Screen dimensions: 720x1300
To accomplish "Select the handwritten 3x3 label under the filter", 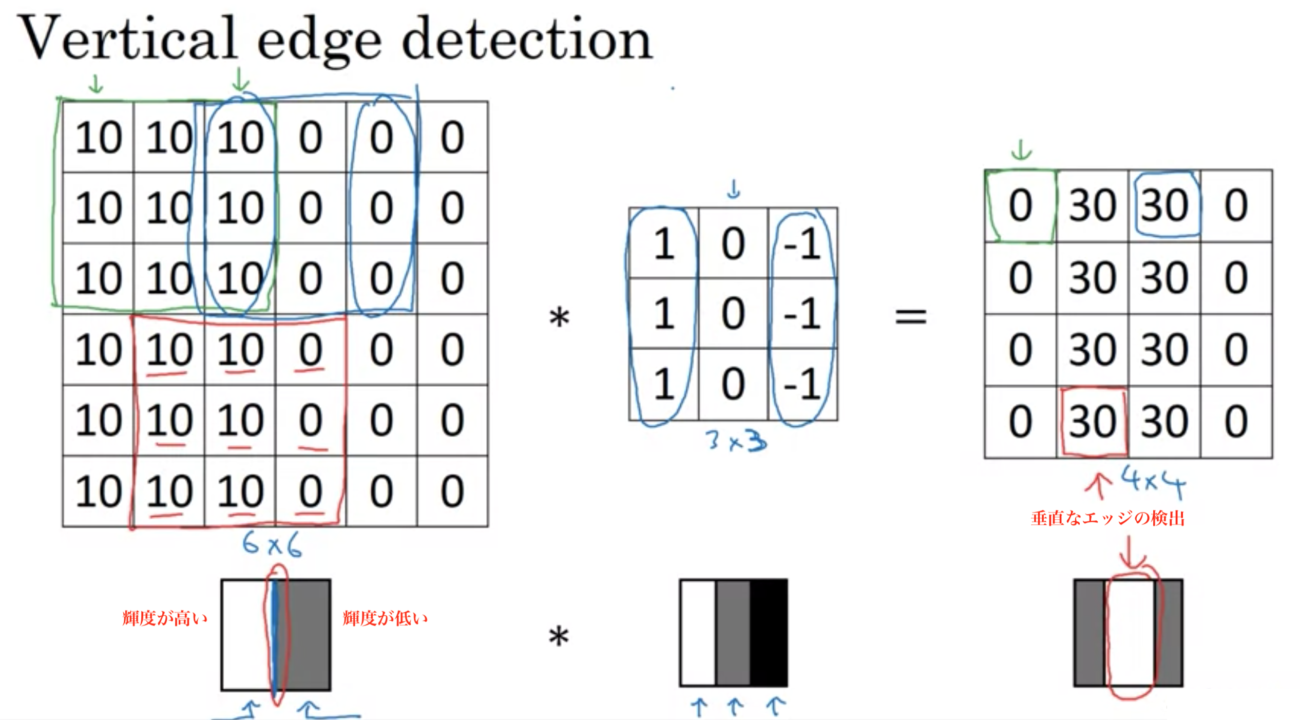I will point(736,441).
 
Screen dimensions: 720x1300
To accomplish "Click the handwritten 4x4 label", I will point(1153,481).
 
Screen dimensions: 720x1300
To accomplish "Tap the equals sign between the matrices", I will point(911,316).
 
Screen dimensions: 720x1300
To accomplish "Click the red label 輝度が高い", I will point(165,618).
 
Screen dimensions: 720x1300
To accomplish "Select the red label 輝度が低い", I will point(385,618).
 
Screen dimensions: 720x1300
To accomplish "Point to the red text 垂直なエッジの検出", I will point(1107,518).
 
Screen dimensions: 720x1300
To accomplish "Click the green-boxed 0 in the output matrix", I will point(1020,205).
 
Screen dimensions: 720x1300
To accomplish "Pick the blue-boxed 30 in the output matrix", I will point(1164,205).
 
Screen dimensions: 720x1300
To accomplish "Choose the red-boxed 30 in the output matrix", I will point(1093,422).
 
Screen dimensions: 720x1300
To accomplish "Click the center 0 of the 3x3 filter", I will point(733,313).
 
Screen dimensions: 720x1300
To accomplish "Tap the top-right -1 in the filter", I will point(802,243).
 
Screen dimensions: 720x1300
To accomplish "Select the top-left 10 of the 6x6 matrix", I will point(99,138).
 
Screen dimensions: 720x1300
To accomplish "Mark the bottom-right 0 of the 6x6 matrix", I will point(452,491).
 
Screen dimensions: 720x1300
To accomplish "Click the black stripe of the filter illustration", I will point(769,633).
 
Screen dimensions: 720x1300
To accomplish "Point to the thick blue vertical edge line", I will point(275,637).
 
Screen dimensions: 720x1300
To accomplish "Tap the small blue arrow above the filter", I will point(734,190).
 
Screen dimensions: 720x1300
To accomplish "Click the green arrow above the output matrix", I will point(1021,150).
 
